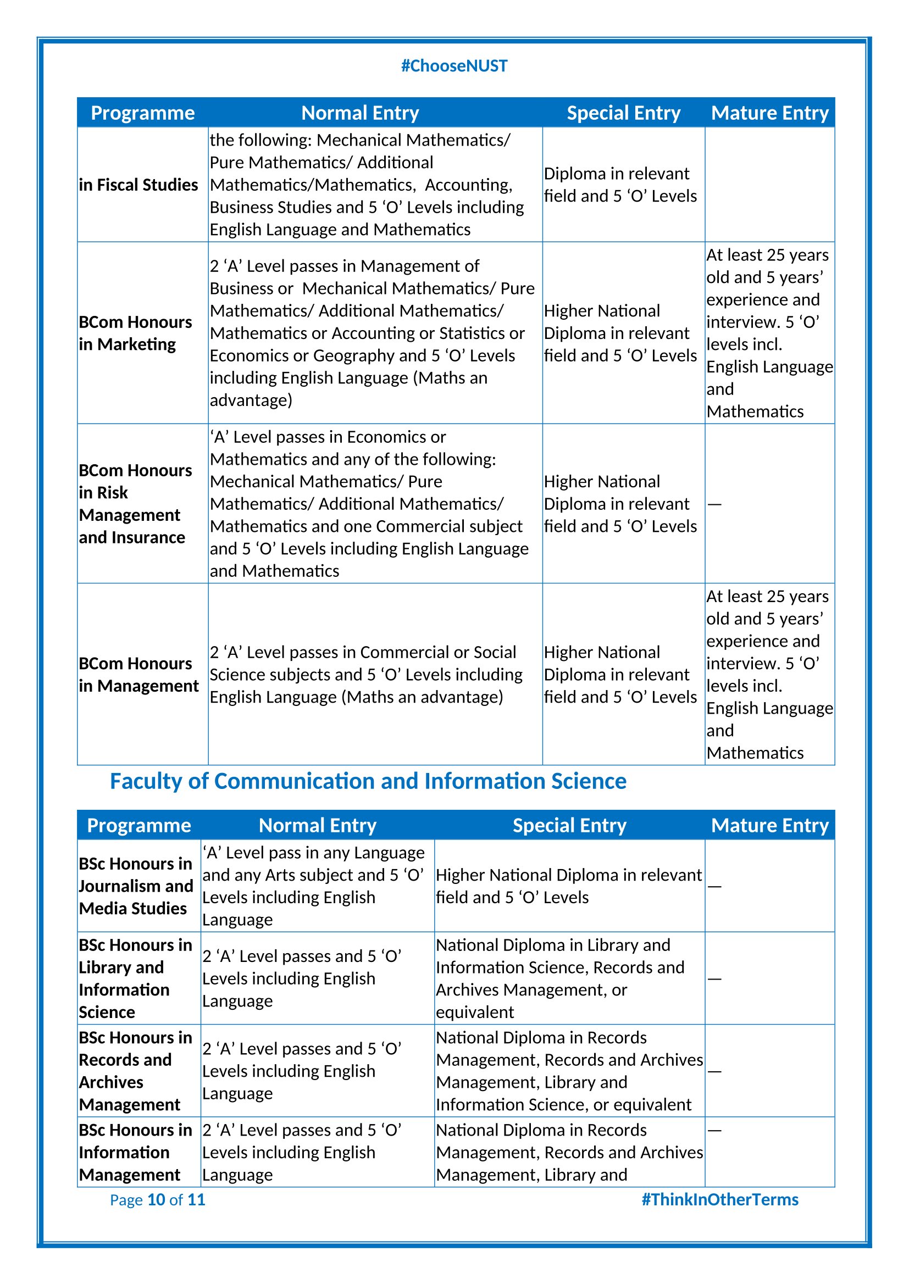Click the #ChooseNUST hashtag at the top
pyautogui.click(x=454, y=66)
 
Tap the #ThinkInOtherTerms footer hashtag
pyautogui.click(x=719, y=1199)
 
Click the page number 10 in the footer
pyautogui.click(x=156, y=1199)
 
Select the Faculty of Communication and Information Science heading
pyautogui.click(x=368, y=781)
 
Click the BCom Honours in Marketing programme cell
pyautogui.click(x=135, y=333)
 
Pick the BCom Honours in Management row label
pyautogui.click(x=138, y=675)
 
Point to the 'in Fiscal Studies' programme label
pyautogui.click(x=138, y=185)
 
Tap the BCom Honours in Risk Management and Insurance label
pyautogui.click(x=135, y=504)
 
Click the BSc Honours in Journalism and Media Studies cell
pyautogui.click(x=135, y=886)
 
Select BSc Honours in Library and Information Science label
pyautogui.click(x=135, y=978)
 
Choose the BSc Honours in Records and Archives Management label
pyautogui.click(x=135, y=1071)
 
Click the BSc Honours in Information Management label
pyautogui.click(x=135, y=1153)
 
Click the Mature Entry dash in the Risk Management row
pyautogui.click(x=714, y=504)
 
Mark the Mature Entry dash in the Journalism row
pyautogui.click(x=714, y=887)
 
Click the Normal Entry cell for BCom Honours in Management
pyautogui.click(x=366, y=675)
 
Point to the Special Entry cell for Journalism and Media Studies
pyautogui.click(x=568, y=886)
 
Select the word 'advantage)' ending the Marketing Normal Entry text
pyautogui.click(x=251, y=400)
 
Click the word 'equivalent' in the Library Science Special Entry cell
pyautogui.click(x=475, y=1012)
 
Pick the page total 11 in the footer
pyautogui.click(x=196, y=1199)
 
